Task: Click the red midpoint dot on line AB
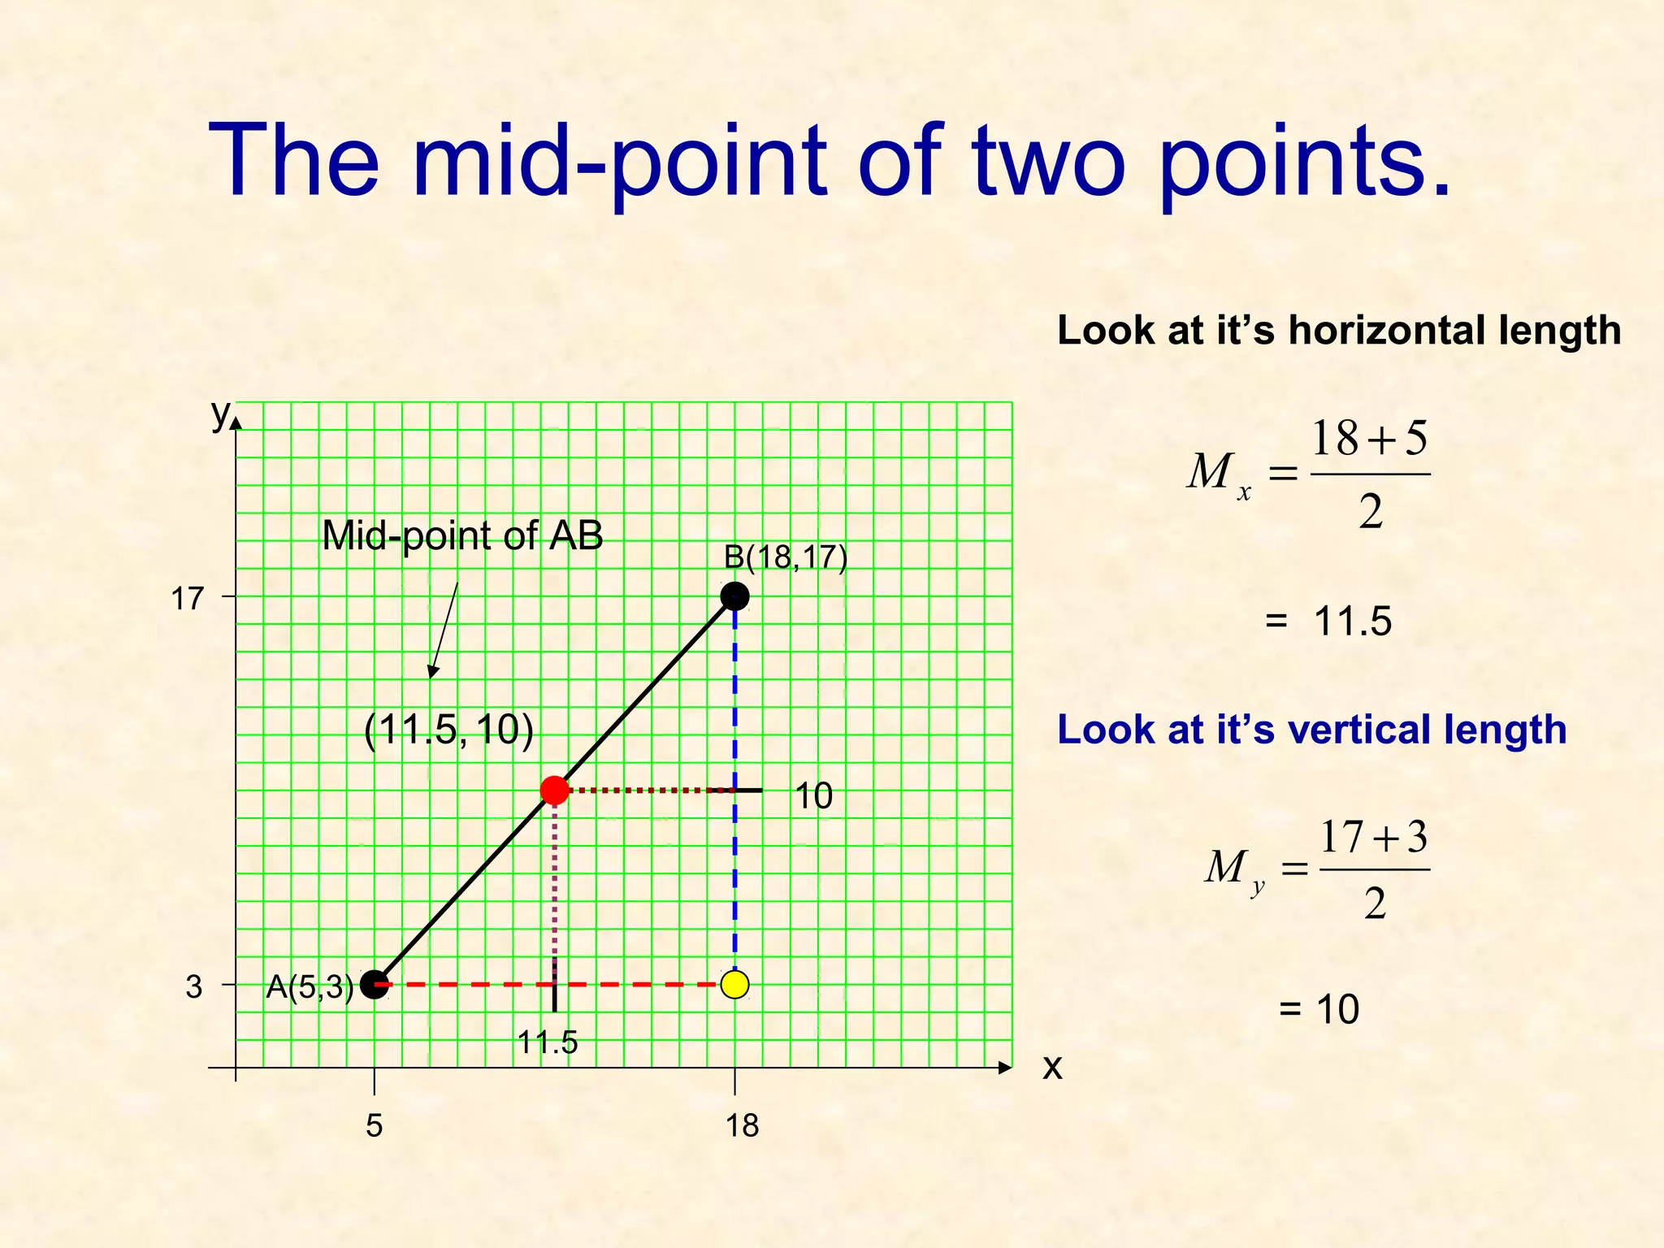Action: coord(554,790)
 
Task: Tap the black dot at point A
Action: coord(374,985)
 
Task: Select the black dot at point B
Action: coord(734,596)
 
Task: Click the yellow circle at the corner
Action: coord(734,985)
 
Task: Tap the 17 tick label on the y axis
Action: coord(187,600)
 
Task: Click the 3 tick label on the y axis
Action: coord(193,987)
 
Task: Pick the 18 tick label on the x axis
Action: coord(742,1126)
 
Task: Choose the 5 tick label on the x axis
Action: coord(374,1126)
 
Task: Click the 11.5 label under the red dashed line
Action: coord(548,1042)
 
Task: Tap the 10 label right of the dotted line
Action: coord(813,796)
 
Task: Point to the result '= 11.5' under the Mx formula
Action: coord(1328,622)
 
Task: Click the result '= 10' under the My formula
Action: coord(1318,1009)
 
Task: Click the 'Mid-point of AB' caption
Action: coord(462,535)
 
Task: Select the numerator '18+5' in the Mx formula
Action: coord(1370,439)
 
